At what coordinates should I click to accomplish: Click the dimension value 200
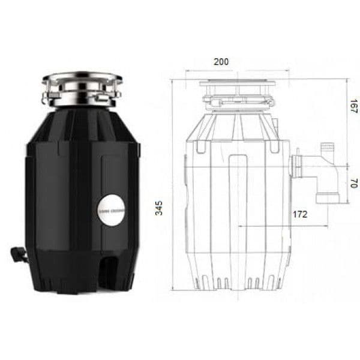pos(221,62)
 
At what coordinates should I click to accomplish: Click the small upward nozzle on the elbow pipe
pos(328,148)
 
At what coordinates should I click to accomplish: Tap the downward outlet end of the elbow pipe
pos(324,197)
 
